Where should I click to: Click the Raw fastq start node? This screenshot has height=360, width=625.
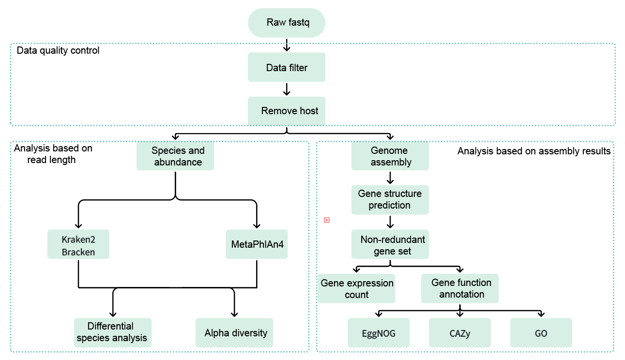click(286, 23)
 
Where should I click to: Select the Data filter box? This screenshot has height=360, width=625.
click(286, 67)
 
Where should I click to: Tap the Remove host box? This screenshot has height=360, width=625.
click(286, 111)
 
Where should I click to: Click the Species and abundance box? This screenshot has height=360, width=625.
click(175, 156)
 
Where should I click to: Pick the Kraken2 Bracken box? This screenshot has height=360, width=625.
click(78, 244)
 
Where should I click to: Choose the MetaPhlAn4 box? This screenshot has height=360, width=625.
click(257, 244)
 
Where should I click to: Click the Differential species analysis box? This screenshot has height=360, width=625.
click(113, 332)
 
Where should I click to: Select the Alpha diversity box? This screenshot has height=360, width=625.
click(234, 332)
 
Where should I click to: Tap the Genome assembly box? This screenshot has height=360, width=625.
click(390, 156)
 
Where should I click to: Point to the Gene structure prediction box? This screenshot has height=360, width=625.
click(390, 200)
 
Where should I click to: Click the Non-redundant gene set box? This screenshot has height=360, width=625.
click(390, 244)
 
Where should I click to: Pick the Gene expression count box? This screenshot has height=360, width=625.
click(357, 288)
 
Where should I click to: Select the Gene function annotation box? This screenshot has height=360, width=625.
click(459, 288)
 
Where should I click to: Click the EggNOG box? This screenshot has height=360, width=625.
click(379, 333)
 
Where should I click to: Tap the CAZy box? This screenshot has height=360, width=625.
click(460, 333)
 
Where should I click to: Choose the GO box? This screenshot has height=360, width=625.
click(541, 333)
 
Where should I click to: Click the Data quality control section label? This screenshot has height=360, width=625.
click(58, 50)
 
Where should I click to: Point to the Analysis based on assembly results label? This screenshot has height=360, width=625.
click(534, 151)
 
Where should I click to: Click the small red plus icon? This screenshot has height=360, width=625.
click(327, 220)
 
